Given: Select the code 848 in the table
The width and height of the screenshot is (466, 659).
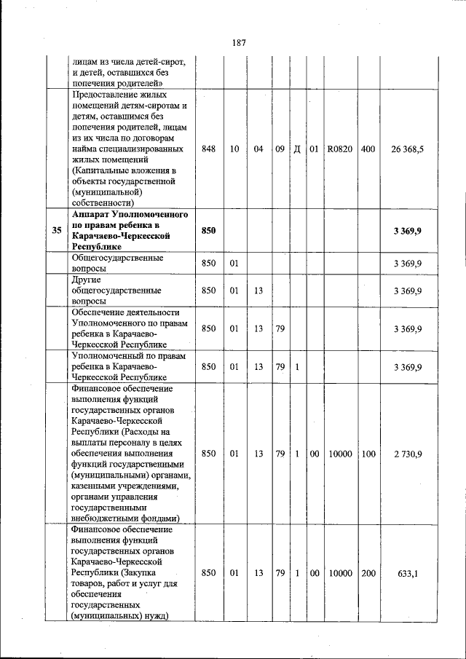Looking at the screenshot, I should pos(209,149).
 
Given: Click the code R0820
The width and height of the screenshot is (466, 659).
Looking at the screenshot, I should pos(339,149).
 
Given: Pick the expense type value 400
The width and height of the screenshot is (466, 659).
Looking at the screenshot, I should pos(368,149).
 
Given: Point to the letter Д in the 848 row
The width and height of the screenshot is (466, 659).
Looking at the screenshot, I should pos(298,149).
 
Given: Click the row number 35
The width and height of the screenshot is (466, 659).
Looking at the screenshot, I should pos(56,231).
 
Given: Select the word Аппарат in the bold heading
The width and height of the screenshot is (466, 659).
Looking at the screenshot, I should pos(93,215).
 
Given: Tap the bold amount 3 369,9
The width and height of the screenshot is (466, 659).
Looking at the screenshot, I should pos(408,231).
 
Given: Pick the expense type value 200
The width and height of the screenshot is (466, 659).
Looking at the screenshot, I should pos(368,573).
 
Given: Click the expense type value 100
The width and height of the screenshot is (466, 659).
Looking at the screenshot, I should pos(368,454).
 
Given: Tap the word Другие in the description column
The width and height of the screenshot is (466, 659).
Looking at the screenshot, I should pos(87,279).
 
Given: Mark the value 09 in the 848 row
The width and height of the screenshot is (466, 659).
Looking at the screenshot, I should pos(280,149).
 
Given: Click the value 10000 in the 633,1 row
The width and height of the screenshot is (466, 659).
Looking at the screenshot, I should pos(339,573).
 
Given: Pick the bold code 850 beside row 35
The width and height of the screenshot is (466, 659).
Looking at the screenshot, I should pos(209,231).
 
